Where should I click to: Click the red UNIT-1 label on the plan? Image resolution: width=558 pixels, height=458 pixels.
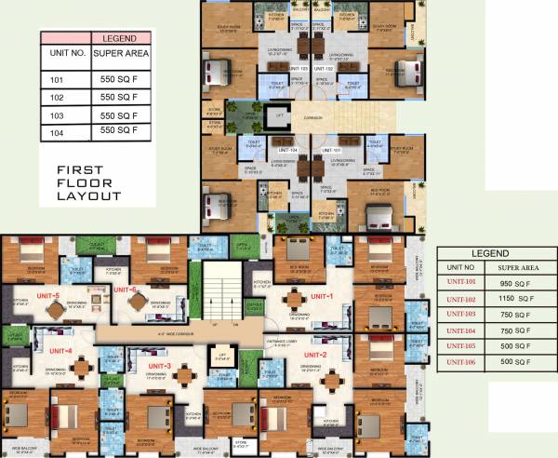321,296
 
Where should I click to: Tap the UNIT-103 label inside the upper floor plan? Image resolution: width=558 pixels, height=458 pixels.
299,69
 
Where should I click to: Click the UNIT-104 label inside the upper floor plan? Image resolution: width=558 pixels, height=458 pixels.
288,150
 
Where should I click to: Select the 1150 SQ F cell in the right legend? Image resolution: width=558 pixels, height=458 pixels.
512,299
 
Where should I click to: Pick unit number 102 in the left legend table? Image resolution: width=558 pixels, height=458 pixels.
57,98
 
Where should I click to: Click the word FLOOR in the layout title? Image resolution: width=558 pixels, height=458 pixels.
84,183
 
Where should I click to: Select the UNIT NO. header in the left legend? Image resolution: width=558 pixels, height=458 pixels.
66,54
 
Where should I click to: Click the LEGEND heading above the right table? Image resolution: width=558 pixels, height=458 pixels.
489,253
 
